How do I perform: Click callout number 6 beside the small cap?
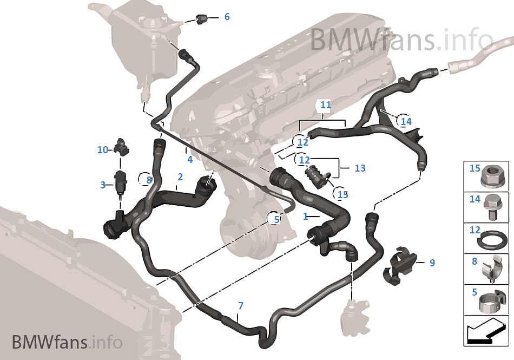coord(227,17)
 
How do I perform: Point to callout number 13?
coord(360,168)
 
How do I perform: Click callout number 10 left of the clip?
coord(103,150)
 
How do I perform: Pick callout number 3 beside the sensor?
coord(103,185)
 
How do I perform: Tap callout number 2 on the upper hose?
coord(180,176)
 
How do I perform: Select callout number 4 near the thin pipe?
coord(190,160)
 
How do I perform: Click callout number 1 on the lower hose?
coord(306,216)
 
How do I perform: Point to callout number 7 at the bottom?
coord(240,306)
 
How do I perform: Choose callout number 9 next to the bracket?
coord(432,263)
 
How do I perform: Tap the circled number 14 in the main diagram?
coord(406,121)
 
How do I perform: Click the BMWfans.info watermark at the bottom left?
coord(67,342)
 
